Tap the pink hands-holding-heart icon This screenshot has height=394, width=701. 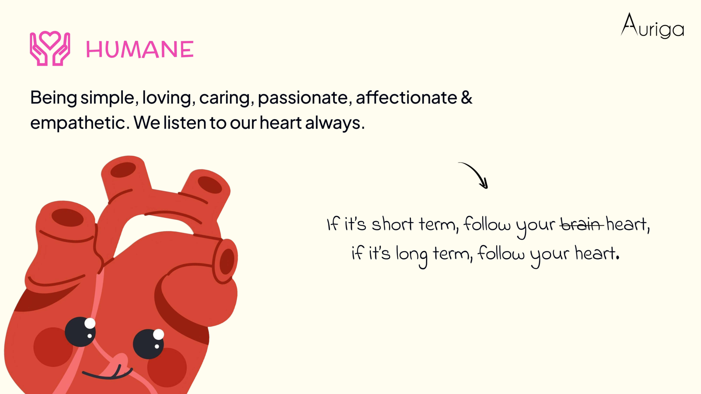pos(50,48)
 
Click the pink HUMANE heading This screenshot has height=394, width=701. pos(140,49)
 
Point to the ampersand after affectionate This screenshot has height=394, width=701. pos(467,97)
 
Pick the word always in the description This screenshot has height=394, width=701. pos(335,123)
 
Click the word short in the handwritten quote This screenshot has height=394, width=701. pos(392,224)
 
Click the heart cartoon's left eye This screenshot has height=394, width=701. pos(80,332)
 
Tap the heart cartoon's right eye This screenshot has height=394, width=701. pos(148,344)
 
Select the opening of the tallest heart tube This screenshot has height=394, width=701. pos(123,170)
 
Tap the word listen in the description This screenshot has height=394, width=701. pos(185,123)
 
